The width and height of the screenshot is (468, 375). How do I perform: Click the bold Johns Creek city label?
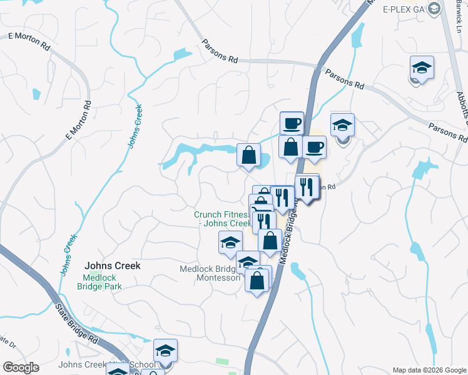[x=113, y=265]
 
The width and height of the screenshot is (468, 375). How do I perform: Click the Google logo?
[x=21, y=367]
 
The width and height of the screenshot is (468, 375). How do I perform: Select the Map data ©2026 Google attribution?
[x=429, y=370]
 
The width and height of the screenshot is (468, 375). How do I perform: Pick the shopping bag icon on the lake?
[x=248, y=154]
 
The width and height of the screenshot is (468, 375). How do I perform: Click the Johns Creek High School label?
[x=106, y=365]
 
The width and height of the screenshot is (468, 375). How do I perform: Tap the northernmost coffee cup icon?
[x=292, y=122]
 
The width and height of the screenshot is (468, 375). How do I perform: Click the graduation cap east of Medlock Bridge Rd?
[x=342, y=125]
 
